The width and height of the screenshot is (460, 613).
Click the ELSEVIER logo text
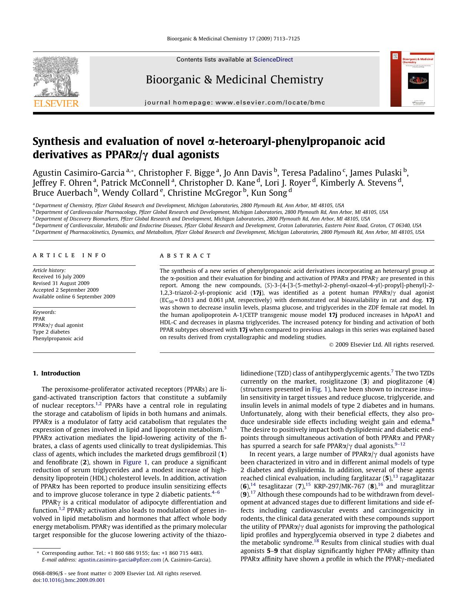pos(56,103)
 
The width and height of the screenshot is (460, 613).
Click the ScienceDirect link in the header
pos(273,60)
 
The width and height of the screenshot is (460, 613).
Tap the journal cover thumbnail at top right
pos(412,79)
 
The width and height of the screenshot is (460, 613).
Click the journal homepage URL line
pos(235,103)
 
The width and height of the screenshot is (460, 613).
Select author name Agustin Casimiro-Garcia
pos(79,173)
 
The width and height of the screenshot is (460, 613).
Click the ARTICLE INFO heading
pos(69,255)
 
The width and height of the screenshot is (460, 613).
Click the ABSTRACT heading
pos(185,256)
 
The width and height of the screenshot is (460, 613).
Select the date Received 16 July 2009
pos(59,276)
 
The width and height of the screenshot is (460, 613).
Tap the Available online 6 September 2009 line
pos(74,296)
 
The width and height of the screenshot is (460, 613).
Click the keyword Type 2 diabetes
pos(51,332)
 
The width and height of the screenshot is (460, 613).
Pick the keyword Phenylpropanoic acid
pos(58,338)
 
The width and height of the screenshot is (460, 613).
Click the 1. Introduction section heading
pos(56,373)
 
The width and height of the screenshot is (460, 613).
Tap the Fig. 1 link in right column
pos(317,389)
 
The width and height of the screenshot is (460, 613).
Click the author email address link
pos(119,560)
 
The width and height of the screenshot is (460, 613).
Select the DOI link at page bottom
pos(73,580)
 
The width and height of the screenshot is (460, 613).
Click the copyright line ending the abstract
pos(381,345)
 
